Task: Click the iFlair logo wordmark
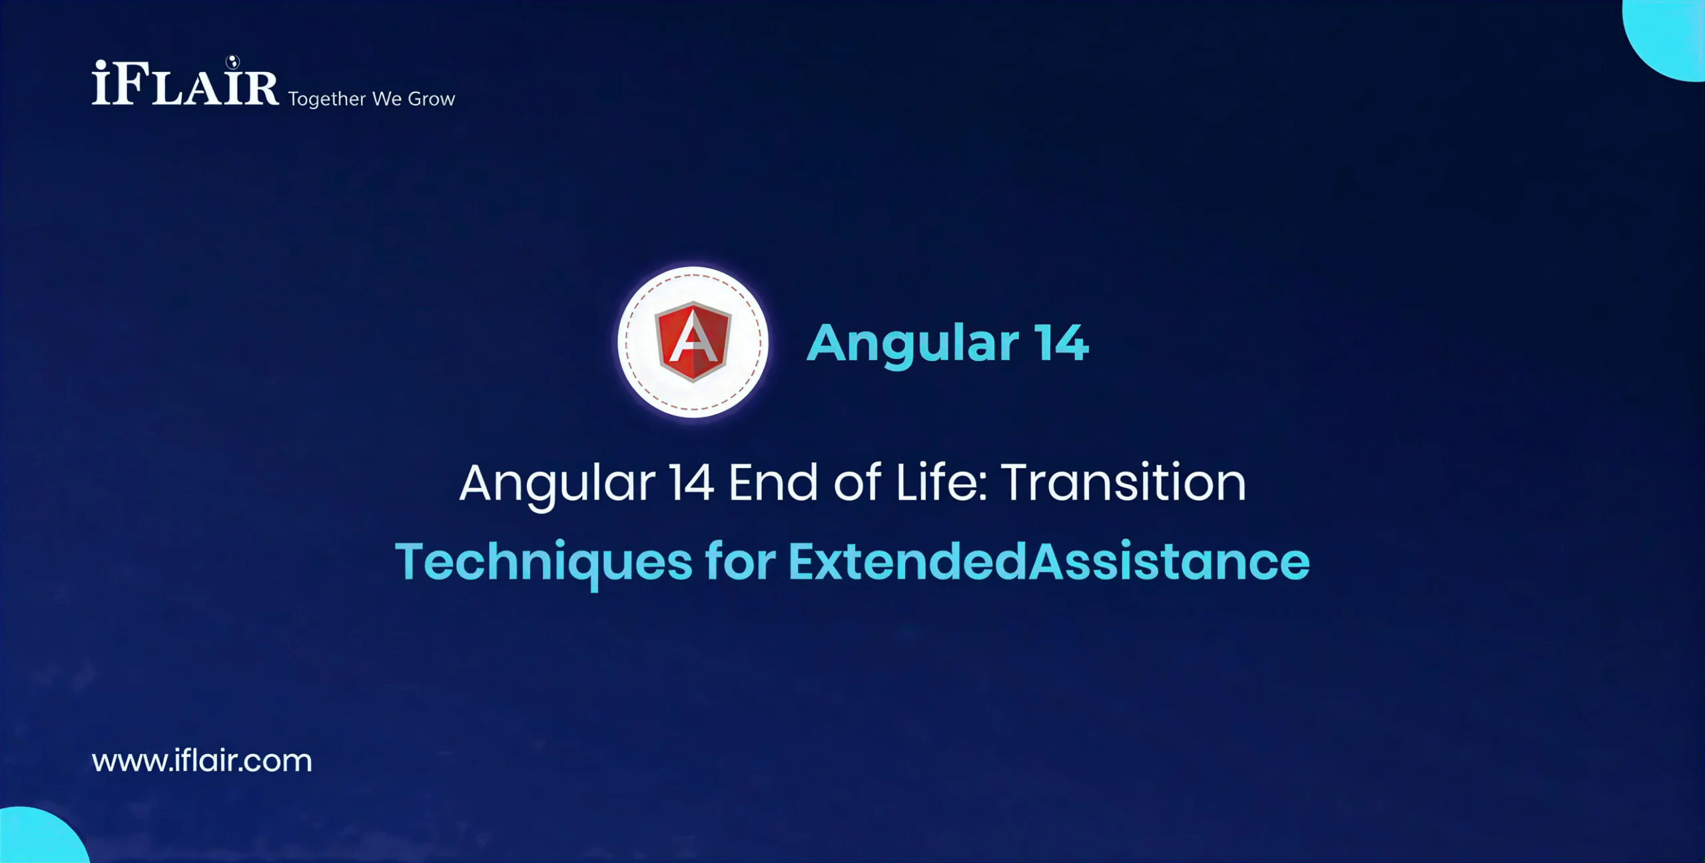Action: (185, 84)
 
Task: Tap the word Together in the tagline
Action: (327, 99)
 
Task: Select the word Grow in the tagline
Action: (432, 99)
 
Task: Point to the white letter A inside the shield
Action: (693, 340)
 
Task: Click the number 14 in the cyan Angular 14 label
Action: (1061, 343)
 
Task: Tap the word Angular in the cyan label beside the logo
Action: (912, 344)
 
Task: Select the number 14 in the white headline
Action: (692, 483)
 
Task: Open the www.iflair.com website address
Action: (202, 760)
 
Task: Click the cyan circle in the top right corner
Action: (1668, 37)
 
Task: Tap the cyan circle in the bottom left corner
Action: (40, 838)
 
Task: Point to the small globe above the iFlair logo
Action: (232, 62)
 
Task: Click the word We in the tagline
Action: (386, 99)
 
